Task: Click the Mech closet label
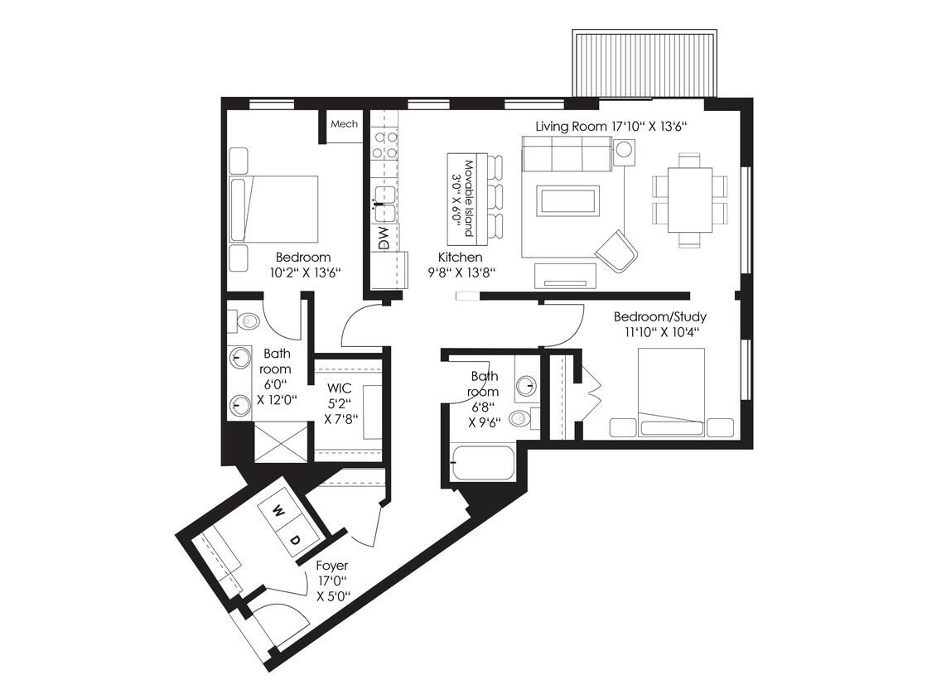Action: tap(344, 124)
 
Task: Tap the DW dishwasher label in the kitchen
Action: tap(383, 239)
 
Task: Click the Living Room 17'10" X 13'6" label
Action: tap(612, 126)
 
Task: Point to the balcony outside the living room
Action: tap(645, 64)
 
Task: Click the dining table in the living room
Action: tap(689, 200)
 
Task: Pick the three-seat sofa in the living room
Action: tap(567, 153)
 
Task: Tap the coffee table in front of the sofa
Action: tap(567, 200)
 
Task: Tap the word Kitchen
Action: tap(460, 258)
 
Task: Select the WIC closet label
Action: tap(340, 388)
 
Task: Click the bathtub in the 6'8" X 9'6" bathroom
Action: tap(484, 463)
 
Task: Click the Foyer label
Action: tap(332, 566)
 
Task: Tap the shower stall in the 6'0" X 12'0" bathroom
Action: tap(280, 441)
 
